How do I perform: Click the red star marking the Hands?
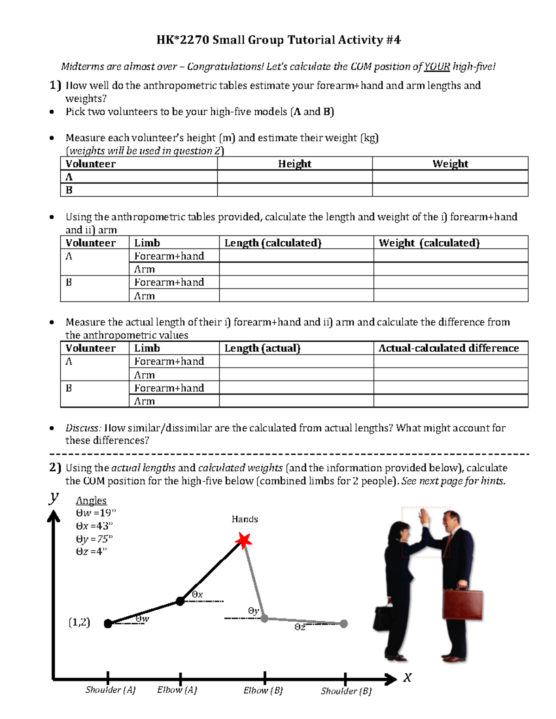pos(243,540)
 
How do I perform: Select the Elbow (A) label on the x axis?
pos(177,690)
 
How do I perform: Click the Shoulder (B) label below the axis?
pos(346,691)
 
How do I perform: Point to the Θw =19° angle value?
pos(95,513)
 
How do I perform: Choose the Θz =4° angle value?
pos(91,551)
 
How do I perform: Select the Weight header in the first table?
pos(450,163)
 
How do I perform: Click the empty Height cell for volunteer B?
pos(295,190)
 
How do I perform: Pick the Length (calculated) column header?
pos(272,243)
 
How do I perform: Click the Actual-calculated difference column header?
pos(449,348)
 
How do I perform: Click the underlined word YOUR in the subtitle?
pos(436,67)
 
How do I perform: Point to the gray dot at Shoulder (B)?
pos(344,624)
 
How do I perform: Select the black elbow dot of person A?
pos(180,601)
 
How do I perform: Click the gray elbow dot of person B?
pos(264,618)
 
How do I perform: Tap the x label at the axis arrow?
pos(407,678)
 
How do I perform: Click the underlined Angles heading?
pos(91,500)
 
